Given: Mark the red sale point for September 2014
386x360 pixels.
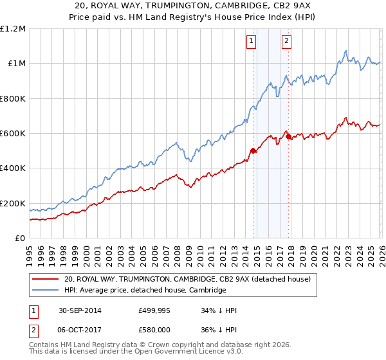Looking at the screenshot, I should point(253,151).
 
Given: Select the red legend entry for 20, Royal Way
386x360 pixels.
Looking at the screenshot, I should point(187,279).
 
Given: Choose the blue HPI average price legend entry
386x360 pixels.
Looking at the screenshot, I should point(145,291).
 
